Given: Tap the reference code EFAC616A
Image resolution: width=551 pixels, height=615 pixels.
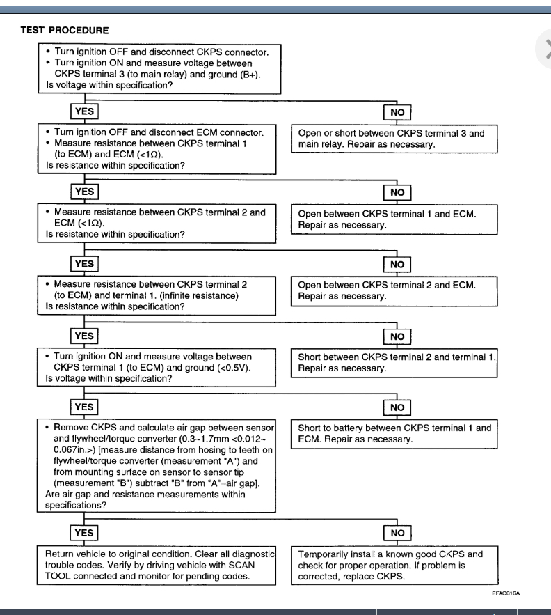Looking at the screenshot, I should pyautogui.click(x=506, y=593).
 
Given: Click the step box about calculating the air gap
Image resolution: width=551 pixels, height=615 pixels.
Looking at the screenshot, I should pyautogui.click(x=160, y=467).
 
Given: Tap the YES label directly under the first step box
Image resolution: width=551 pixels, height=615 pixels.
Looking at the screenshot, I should pyautogui.click(x=83, y=111).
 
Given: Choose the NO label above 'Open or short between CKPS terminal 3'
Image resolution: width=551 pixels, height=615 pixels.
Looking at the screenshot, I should pyautogui.click(x=397, y=111).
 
